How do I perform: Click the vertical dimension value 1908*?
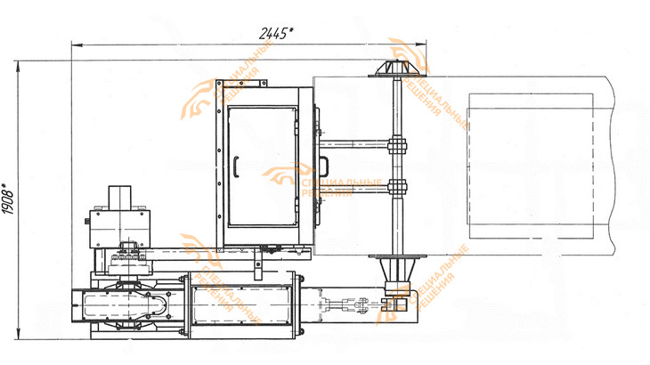point(8,199)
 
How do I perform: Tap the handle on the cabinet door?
point(236,167)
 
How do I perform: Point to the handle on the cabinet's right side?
point(324,166)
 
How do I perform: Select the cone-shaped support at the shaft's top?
point(397,69)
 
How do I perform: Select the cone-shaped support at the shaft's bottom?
point(397,269)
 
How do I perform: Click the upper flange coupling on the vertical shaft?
point(397,145)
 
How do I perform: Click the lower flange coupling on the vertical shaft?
point(397,188)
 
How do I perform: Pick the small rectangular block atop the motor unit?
point(120,198)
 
